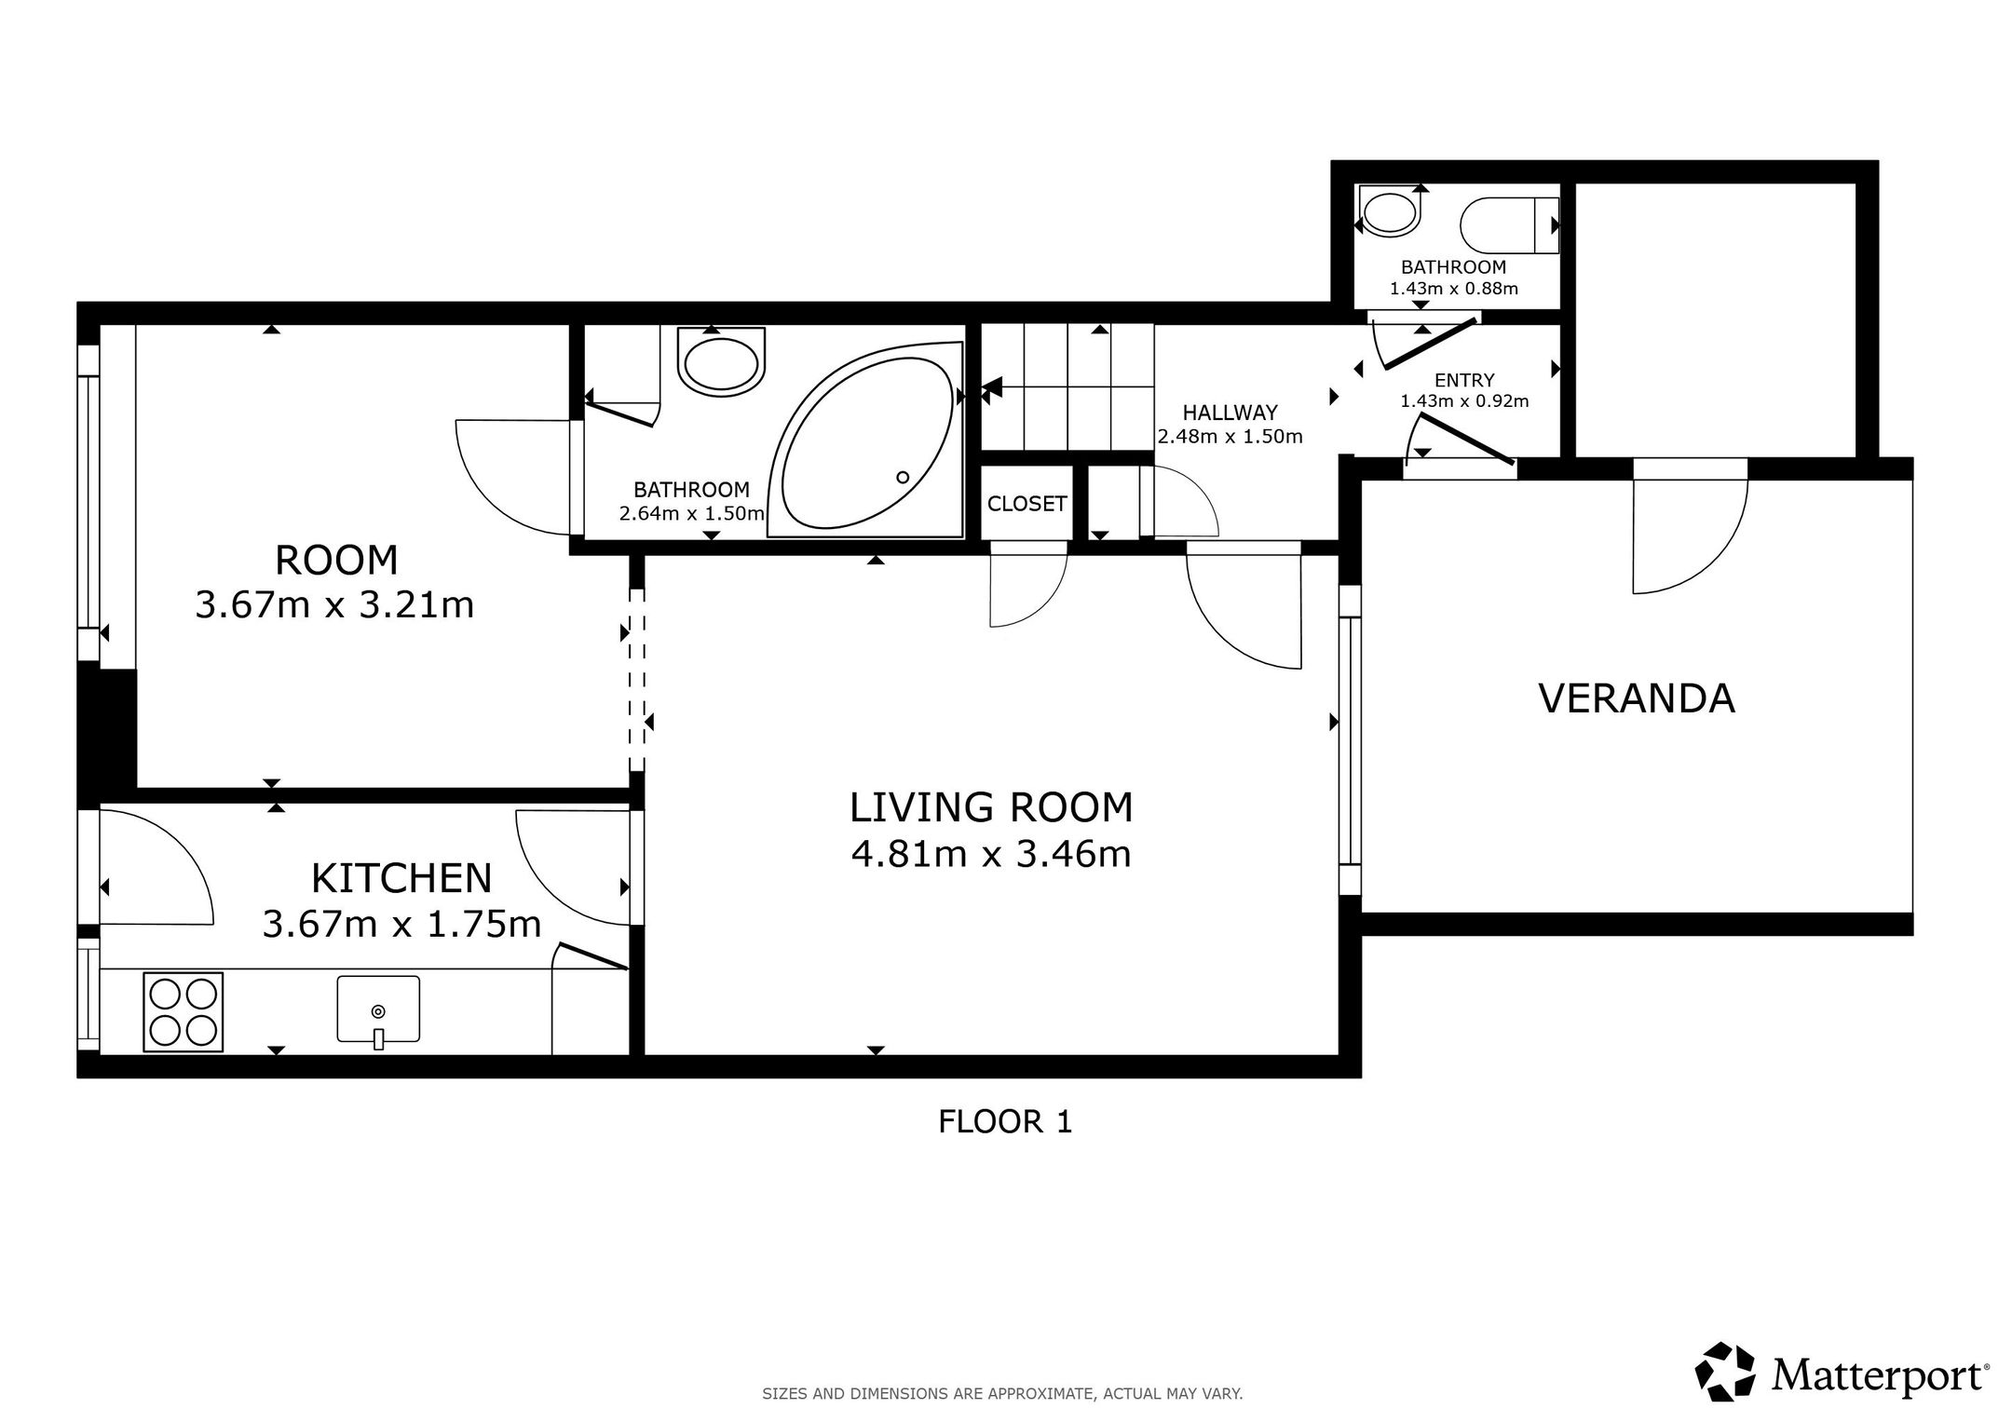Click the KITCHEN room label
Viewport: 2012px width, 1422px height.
[x=401, y=878]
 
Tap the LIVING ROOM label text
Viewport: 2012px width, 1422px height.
[x=991, y=807]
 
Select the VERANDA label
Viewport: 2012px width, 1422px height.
[x=1637, y=698]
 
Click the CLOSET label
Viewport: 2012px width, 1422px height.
[x=1026, y=504]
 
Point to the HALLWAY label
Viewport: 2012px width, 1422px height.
[x=1230, y=413]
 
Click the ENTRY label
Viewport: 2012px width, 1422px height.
[x=1464, y=380]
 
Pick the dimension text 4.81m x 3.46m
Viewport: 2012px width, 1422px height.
[x=991, y=854]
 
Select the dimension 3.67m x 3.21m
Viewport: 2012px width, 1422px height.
[x=334, y=605]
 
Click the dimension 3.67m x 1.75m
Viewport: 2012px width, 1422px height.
[x=401, y=925]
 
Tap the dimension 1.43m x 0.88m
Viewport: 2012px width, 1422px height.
[x=1453, y=289]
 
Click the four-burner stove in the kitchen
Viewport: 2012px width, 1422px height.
[x=184, y=1012]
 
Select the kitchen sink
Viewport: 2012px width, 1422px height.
[x=378, y=1009]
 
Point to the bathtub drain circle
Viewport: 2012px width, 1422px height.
[x=902, y=478]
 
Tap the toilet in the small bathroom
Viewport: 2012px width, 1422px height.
[x=1509, y=225]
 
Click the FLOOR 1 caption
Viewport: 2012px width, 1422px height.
[x=1005, y=1122]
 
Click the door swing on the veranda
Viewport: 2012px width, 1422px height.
[x=1691, y=526]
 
